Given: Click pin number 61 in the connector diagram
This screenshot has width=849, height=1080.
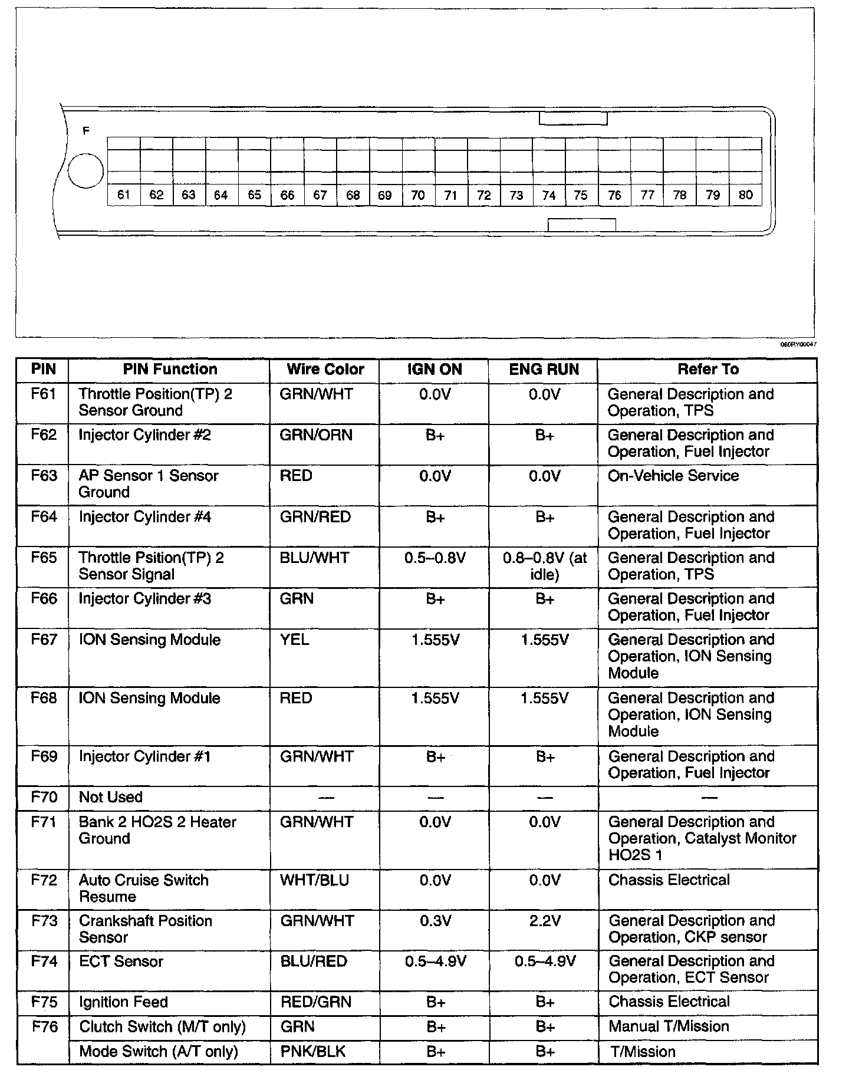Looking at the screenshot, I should pos(124,195).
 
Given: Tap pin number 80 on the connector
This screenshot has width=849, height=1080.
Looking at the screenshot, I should pos(745,195).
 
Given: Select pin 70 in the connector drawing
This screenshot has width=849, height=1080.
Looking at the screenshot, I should pos(417,195).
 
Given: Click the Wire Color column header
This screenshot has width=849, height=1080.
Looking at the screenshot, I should pos(325,370).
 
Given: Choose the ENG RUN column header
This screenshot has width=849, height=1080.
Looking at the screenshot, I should pos(544,370).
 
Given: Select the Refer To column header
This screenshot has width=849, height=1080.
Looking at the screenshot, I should pos(707,370).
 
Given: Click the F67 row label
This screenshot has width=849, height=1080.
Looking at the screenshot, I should pos(44,640).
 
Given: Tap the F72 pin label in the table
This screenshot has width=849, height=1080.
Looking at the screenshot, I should pos(44,880).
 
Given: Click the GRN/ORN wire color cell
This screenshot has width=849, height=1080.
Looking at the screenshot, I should pos(316,435).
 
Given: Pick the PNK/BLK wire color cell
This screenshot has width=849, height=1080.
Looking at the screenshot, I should pos(312,1051).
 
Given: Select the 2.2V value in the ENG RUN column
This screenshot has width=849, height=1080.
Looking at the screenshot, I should pos(544,921).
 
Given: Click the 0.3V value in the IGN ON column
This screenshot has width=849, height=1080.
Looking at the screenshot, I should pos(435,921).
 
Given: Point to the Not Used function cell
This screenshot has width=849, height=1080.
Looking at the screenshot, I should pos(111,798).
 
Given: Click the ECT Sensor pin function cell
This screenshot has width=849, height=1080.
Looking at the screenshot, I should pos(121,962).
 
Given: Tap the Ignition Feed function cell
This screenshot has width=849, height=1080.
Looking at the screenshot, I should pos(123,1002).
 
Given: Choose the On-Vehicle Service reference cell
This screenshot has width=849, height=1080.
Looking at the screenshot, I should pos(673,476).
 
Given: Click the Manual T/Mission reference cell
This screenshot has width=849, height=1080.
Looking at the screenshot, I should pos(669,1026).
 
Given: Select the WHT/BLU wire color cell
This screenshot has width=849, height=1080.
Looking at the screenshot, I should pos(314,880).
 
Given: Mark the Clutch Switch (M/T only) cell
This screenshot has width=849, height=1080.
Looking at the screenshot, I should pos(162,1027).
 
